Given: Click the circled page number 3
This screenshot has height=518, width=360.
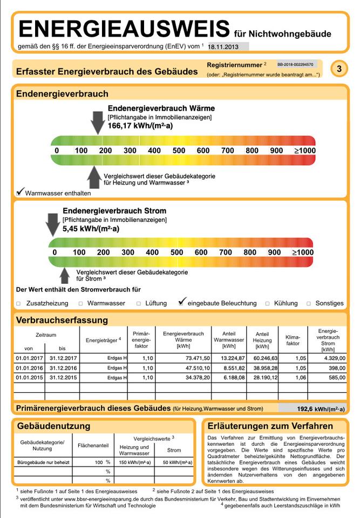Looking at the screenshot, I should pos(338,69).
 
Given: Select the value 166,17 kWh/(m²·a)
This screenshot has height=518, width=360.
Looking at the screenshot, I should pos(133,126).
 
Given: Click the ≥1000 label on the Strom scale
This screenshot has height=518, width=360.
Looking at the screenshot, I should pos(303,252).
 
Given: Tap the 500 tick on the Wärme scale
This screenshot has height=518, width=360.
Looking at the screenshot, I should pos(179,150).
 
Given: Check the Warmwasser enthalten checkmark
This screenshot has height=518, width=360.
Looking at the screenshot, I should pos(21,192).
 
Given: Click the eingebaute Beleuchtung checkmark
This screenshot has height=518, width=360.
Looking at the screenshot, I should pos(182,302).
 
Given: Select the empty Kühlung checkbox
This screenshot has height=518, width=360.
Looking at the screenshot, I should pos(268,304).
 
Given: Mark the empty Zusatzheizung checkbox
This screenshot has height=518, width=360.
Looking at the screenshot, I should pos(18,304).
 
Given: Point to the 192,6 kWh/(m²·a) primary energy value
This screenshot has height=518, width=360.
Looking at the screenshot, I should pos(321,409).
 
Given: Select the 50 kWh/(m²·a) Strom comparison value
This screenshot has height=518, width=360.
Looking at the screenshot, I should pos(174,462).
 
